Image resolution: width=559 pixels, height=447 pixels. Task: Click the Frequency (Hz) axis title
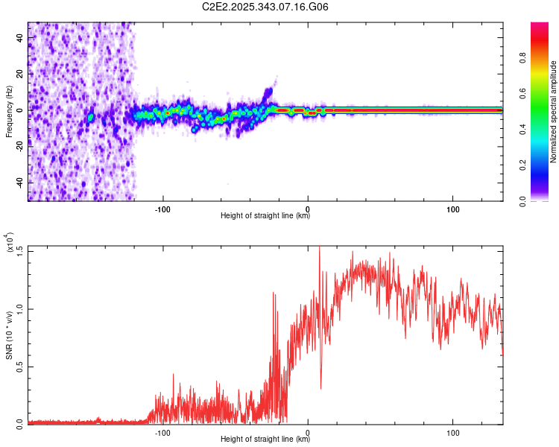coord(9,112)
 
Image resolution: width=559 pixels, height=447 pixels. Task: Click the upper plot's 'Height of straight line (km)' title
coord(265,215)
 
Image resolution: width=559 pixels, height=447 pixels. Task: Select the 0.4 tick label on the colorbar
coord(545,130)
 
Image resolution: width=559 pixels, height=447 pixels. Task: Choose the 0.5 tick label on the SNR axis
coord(18,366)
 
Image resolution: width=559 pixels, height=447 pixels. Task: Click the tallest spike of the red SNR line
coord(319,248)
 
